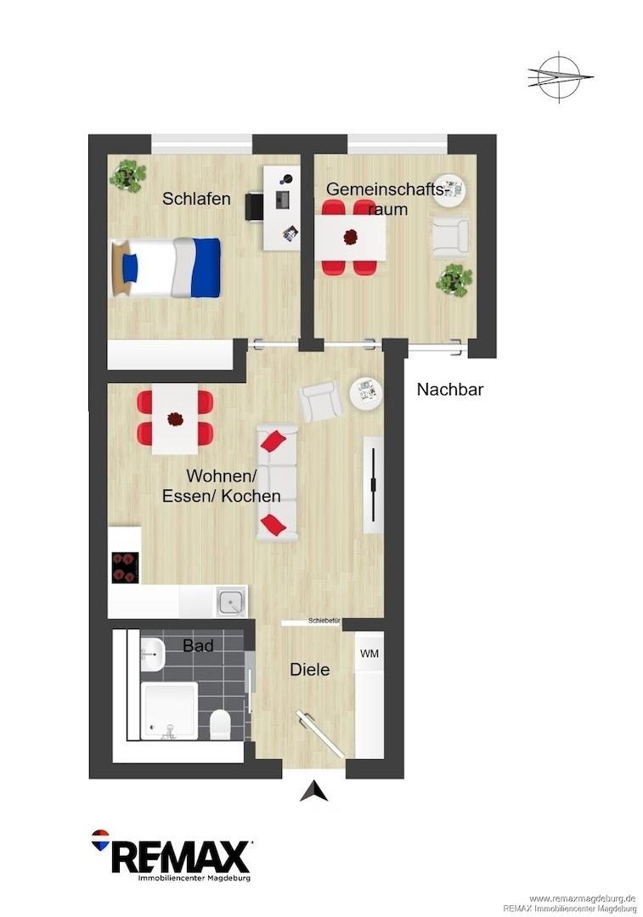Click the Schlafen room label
pyautogui.click(x=196, y=199)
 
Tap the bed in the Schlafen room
pyautogui.click(x=166, y=267)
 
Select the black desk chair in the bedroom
pyautogui.click(x=254, y=206)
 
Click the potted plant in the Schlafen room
pyautogui.click(x=127, y=175)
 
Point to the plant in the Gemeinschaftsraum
pyautogui.click(x=454, y=280)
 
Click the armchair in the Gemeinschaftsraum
pyautogui.click(x=450, y=236)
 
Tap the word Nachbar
pyautogui.click(x=450, y=390)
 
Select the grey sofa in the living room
pyautogui.click(x=277, y=482)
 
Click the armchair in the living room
pyautogui.click(x=320, y=401)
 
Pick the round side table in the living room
pyautogui.click(x=366, y=392)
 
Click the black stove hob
pyautogui.click(x=126, y=567)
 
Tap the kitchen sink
pyautogui.click(x=232, y=601)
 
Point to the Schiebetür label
pyautogui.click(x=324, y=621)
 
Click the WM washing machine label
pyautogui.click(x=369, y=653)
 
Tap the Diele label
pyautogui.click(x=309, y=670)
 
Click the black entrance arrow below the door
pyautogui.click(x=314, y=790)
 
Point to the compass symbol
pyautogui.click(x=560, y=77)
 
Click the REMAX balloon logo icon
pyautogui.click(x=100, y=839)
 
